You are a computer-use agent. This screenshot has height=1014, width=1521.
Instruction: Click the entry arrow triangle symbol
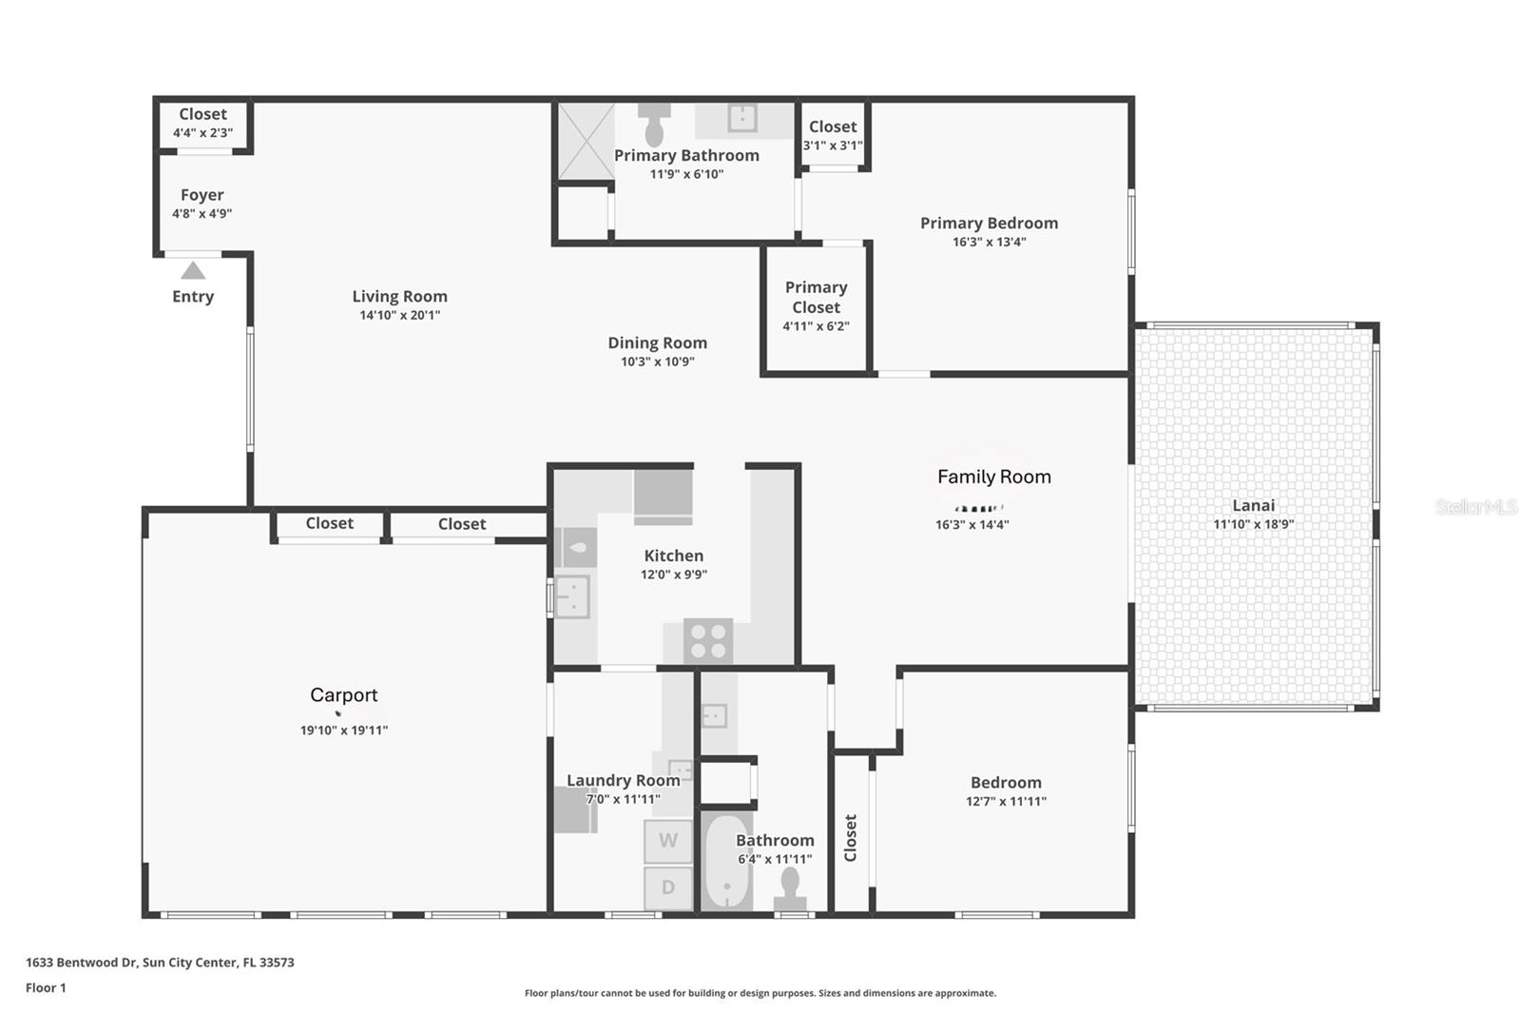[193, 271]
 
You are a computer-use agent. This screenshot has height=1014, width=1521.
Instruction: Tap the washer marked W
[667, 841]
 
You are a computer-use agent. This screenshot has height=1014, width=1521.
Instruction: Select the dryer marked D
[667, 887]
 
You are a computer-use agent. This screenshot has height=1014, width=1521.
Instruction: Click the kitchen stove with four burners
[708, 640]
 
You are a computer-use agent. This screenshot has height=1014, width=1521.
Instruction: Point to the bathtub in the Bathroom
[727, 861]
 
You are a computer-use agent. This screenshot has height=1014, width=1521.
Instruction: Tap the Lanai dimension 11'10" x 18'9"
[1253, 524]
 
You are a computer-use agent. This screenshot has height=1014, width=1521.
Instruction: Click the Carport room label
[343, 695]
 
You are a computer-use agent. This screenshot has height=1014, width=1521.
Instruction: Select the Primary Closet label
[816, 297]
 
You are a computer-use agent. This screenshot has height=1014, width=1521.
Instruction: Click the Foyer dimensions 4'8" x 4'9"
[202, 214]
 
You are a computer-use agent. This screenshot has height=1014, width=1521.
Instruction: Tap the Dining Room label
[657, 342]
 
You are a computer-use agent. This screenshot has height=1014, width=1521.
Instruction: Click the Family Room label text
[993, 477]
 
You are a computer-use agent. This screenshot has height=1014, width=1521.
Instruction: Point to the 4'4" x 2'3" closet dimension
[202, 133]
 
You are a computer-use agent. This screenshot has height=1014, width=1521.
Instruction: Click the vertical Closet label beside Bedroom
[850, 837]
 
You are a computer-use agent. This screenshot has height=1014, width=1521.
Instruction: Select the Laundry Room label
[623, 780]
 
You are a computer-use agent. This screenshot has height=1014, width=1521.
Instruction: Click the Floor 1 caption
[46, 987]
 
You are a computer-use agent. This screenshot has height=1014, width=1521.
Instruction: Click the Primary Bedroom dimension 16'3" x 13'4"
[989, 242]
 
